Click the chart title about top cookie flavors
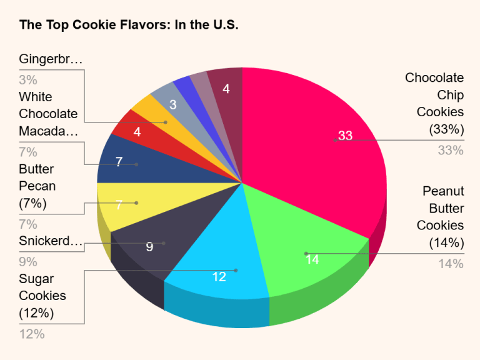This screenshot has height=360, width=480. pyautogui.click(x=129, y=26)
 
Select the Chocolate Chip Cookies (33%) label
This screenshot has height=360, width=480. pyautogui.click(x=434, y=104)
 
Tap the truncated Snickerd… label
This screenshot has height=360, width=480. pyautogui.click(x=51, y=241)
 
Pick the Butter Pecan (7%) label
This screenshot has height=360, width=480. pyautogui.click(x=37, y=186)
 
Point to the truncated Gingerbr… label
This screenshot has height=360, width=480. pyautogui.click(x=51, y=59)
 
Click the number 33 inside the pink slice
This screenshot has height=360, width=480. pyautogui.click(x=345, y=136)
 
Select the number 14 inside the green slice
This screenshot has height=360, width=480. pyautogui.click(x=312, y=259)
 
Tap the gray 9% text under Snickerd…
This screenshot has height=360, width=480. pyautogui.click(x=28, y=262)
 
